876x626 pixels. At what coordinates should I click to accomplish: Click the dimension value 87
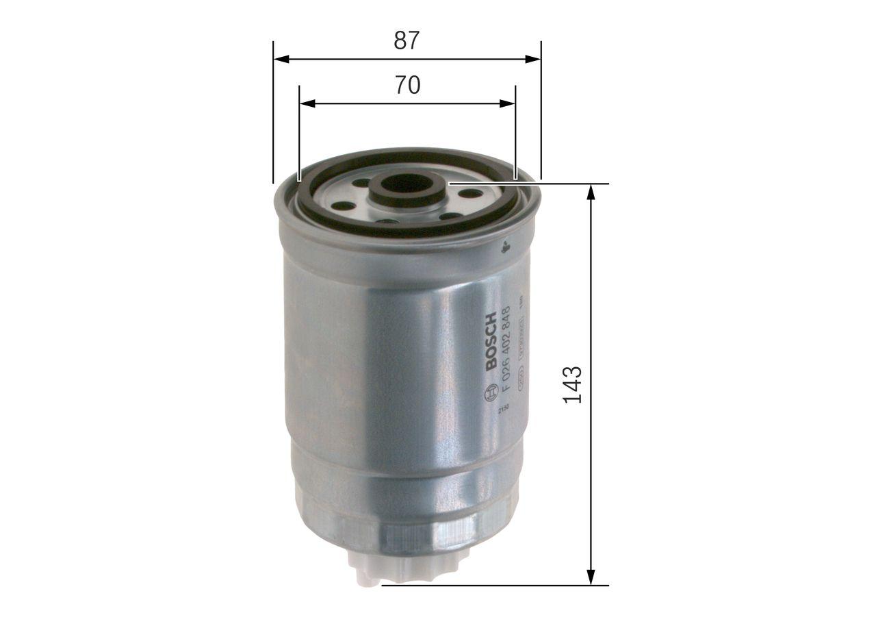[x=406, y=41]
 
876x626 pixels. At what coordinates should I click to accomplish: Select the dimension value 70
[x=407, y=86]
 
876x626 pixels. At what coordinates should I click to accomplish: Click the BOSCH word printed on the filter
[x=491, y=342]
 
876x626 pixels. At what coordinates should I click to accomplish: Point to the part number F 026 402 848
[x=507, y=349]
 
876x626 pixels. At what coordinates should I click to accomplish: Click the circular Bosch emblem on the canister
[x=491, y=392]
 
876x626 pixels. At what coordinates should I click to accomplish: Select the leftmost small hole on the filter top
[x=343, y=205]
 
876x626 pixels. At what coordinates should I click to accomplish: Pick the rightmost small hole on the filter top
[x=469, y=193]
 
